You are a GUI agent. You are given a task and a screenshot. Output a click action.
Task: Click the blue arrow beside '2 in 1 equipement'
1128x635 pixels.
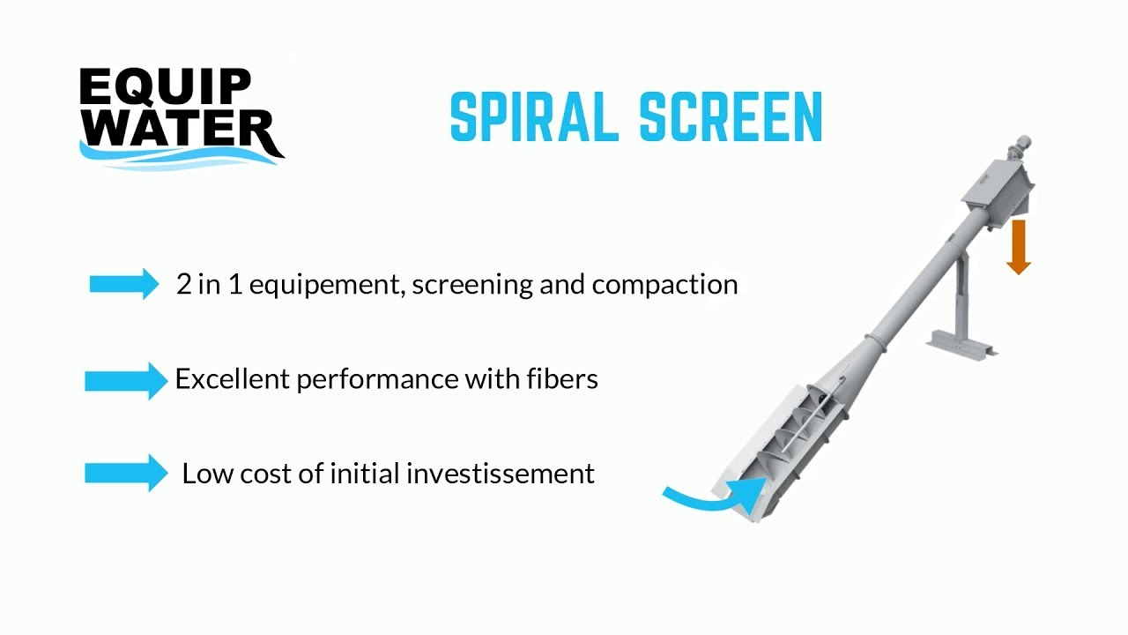click(124, 284)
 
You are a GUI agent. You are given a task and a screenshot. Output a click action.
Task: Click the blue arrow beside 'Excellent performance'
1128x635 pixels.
click(125, 380)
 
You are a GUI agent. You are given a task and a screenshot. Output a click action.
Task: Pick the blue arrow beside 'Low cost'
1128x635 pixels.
click(125, 474)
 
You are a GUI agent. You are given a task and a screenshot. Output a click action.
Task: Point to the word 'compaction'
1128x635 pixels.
click(664, 285)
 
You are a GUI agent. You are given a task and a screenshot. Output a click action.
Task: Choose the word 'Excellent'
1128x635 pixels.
click(233, 378)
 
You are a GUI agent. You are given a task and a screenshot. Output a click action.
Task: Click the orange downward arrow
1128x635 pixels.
click(1019, 247)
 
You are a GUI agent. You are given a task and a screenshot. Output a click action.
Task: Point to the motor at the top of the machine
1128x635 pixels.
click(1022, 146)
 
